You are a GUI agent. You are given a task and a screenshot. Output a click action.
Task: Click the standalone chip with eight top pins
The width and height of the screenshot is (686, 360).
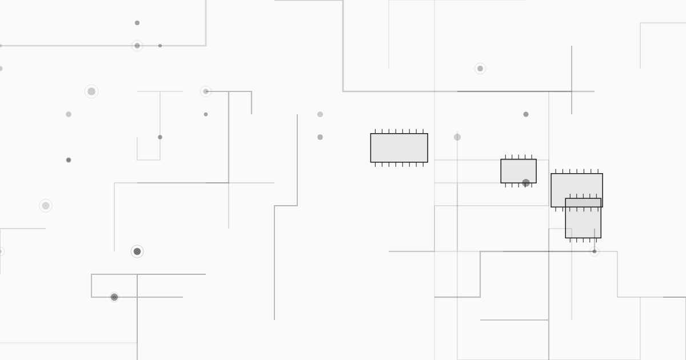[399, 148]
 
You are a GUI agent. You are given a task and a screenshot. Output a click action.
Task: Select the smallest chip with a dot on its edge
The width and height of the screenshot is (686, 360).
[518, 170]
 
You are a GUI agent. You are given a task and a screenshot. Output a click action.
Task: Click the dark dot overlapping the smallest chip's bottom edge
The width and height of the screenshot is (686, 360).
[526, 183]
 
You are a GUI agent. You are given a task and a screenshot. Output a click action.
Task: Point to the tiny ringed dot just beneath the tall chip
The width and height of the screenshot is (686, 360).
[595, 251]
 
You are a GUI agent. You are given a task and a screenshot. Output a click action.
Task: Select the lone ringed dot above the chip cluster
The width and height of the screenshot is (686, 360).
[480, 69]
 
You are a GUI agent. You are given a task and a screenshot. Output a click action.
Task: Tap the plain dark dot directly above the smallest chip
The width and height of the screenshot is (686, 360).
[526, 114]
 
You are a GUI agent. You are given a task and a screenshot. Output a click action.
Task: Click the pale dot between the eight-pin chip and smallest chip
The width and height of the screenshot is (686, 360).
[457, 137]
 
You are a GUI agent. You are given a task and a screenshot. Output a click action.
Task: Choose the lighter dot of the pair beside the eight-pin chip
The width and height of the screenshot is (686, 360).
[320, 114]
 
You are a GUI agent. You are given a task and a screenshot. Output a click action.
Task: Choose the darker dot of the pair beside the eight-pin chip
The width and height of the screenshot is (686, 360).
[320, 137]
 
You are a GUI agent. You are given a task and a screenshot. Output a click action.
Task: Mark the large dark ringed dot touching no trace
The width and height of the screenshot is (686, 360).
[137, 251]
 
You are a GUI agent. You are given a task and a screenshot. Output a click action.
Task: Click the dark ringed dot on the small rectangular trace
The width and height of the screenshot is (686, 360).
[114, 297]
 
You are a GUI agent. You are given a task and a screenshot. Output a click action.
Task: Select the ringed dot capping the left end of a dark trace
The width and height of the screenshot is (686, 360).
[206, 91]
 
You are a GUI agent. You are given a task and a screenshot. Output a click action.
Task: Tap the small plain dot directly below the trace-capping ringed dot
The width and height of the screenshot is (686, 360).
[206, 114]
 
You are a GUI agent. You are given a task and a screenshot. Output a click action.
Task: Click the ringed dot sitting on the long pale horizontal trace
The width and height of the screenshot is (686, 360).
[137, 46]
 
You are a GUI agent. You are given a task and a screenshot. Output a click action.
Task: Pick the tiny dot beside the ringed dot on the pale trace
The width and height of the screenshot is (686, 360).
[160, 46]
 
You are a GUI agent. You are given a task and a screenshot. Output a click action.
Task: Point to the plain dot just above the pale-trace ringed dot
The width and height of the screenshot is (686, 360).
[137, 23]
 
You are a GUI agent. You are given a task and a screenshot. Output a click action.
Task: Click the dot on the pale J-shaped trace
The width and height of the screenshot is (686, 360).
[160, 137]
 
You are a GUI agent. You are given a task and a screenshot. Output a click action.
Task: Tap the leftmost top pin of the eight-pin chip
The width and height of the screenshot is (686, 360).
[375, 131]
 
